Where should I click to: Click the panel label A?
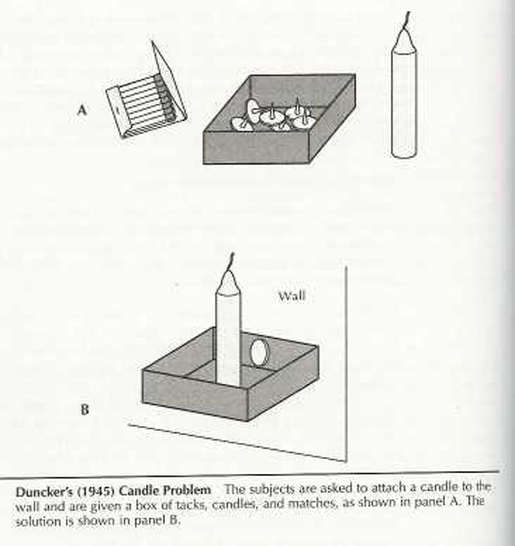click(x=82, y=110)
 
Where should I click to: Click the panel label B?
click(x=84, y=408)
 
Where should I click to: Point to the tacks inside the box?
click(x=277, y=117)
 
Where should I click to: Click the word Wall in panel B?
click(x=292, y=296)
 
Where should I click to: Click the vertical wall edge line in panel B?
click(x=347, y=361)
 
